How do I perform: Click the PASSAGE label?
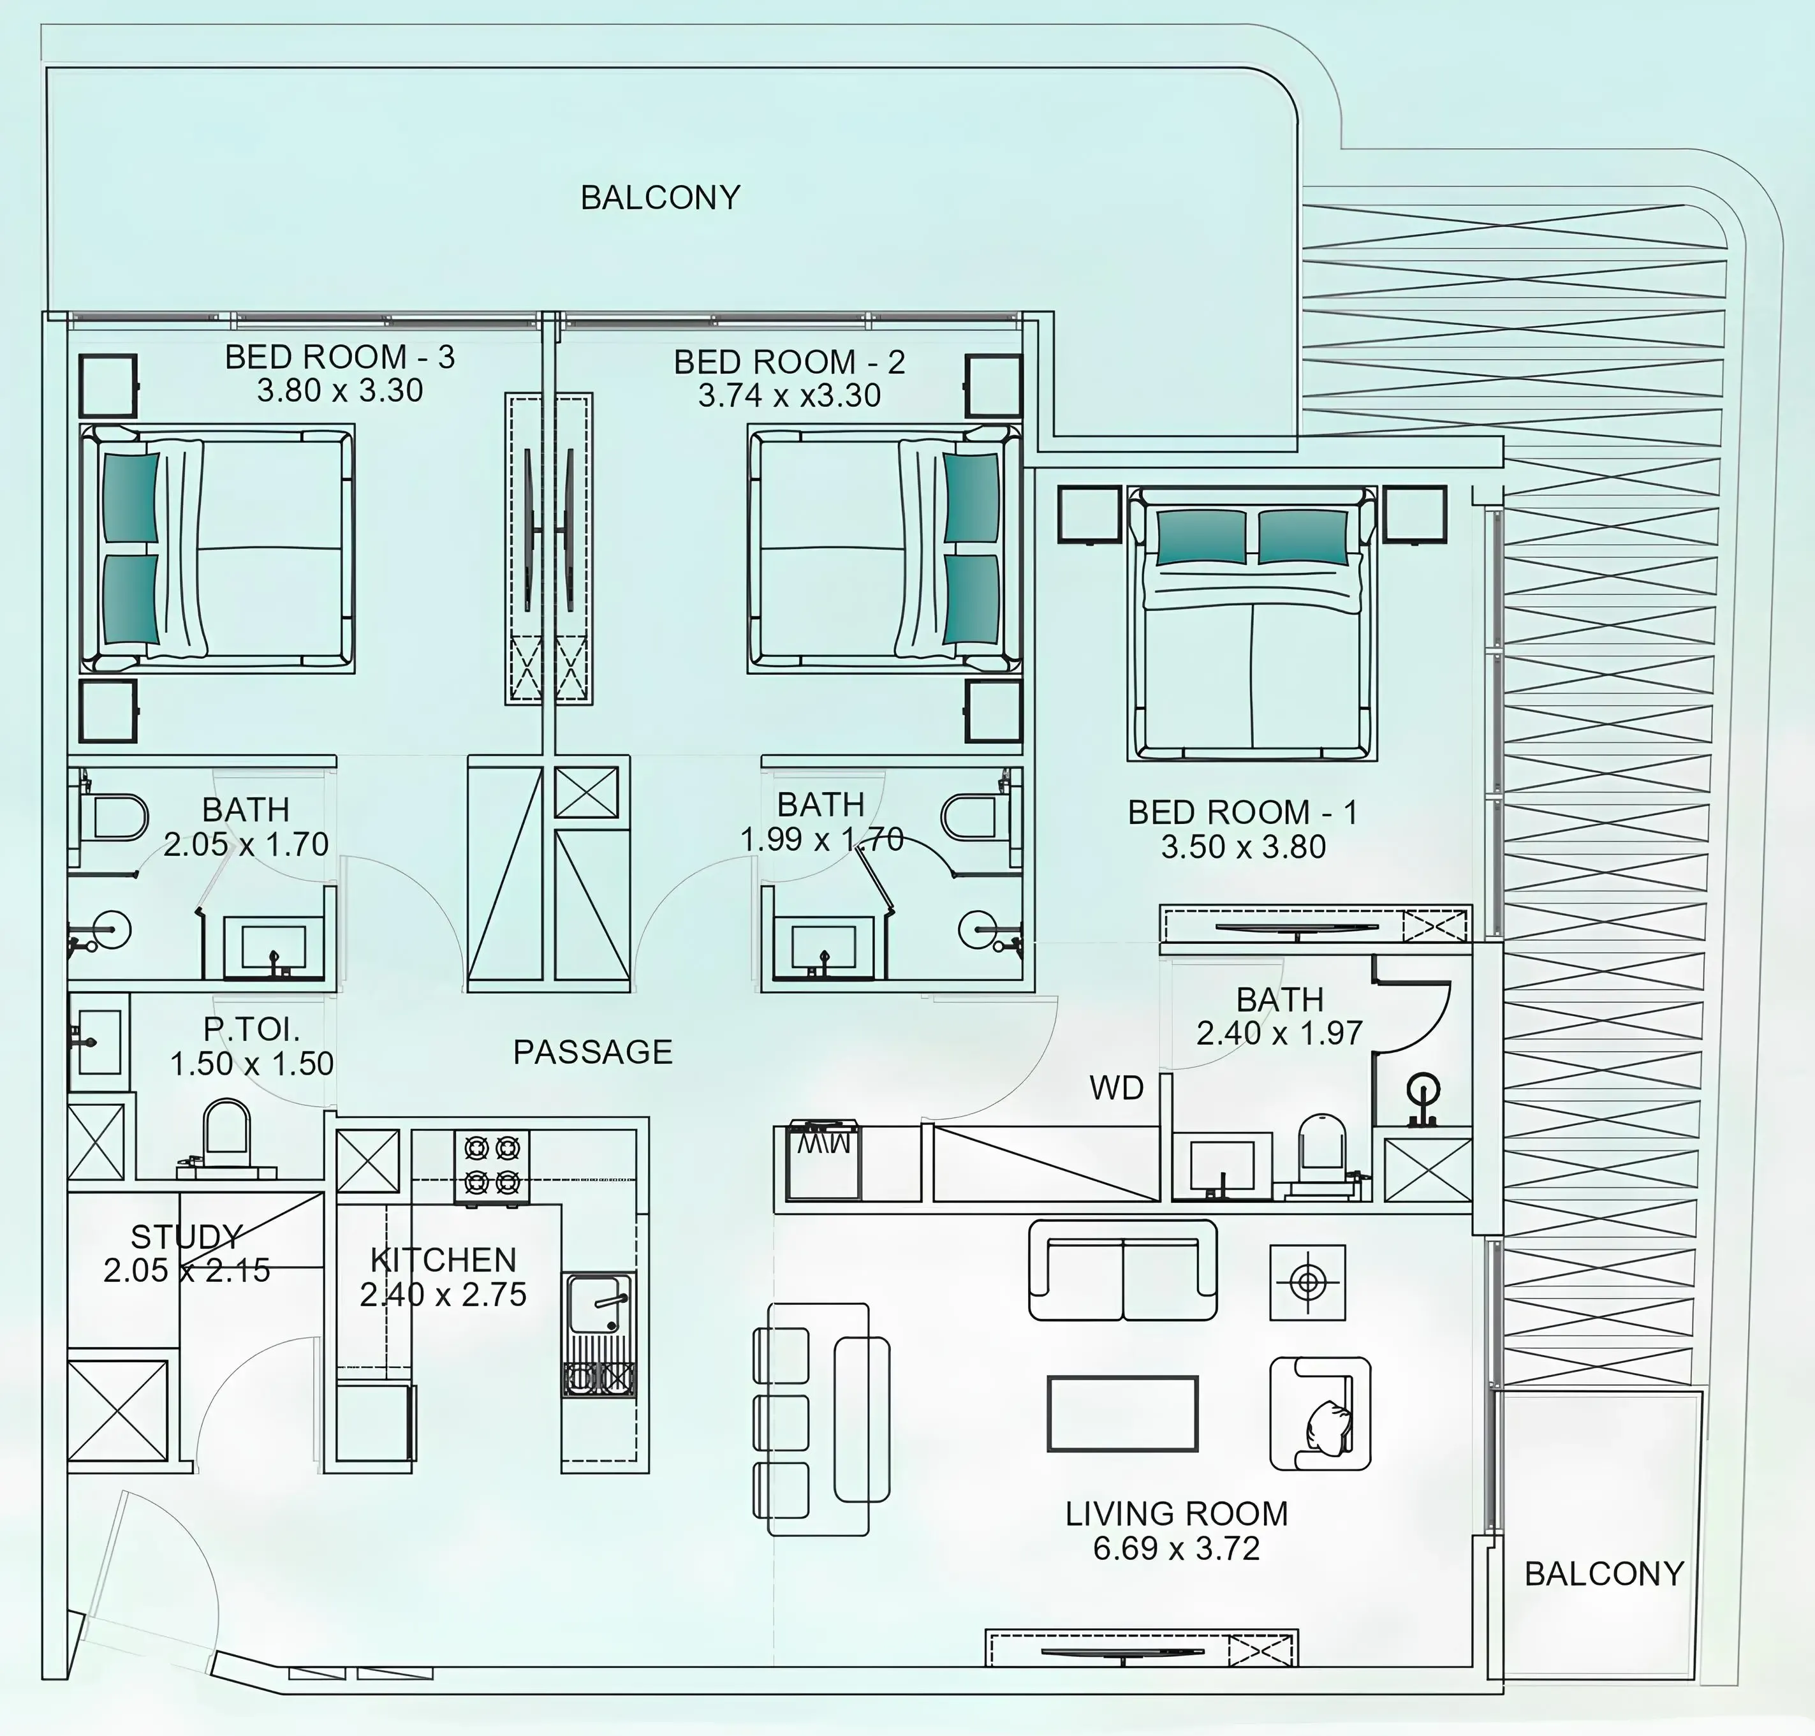[x=592, y=1052]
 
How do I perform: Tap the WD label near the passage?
[x=1116, y=1088]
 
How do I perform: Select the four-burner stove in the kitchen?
[x=492, y=1165]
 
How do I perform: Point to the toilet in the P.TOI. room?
[x=226, y=1133]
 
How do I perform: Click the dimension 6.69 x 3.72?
[x=1177, y=1548]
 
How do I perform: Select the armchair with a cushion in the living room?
[x=1320, y=1413]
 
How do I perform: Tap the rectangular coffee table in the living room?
[x=1122, y=1413]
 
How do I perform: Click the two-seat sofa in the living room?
[x=1122, y=1270]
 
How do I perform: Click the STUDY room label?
[x=186, y=1236]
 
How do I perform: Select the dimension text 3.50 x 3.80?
[x=1243, y=847]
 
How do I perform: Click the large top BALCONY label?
[x=660, y=197]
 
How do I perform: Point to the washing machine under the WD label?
[x=823, y=1161]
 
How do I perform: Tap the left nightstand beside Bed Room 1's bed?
[x=1091, y=515]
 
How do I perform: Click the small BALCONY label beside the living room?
[x=1603, y=1574]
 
